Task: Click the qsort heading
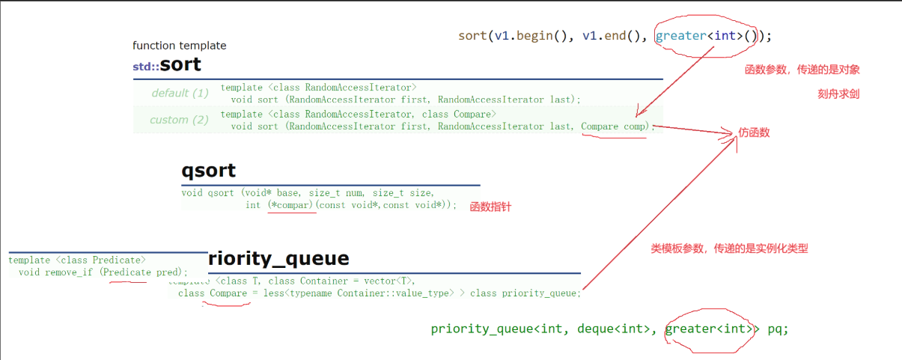click(x=208, y=171)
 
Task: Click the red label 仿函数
click(x=755, y=133)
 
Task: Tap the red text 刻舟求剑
click(x=838, y=95)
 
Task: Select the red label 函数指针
click(x=490, y=207)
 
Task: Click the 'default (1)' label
click(x=180, y=94)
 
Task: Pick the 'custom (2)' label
click(x=179, y=120)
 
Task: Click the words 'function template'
click(x=179, y=46)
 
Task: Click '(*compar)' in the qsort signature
click(x=291, y=205)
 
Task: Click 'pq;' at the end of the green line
click(x=778, y=329)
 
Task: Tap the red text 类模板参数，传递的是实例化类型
click(x=729, y=248)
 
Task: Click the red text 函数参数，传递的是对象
click(x=802, y=70)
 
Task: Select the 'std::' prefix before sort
click(x=145, y=67)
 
